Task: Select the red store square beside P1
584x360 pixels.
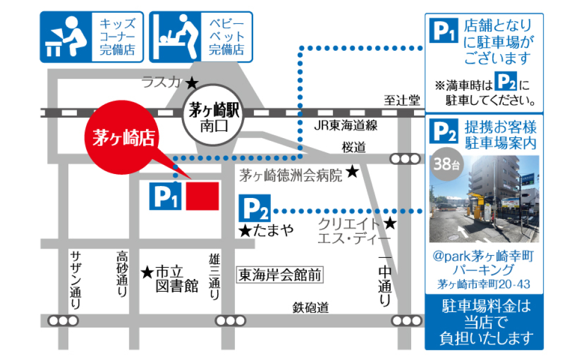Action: pyautogui.click(x=202, y=196)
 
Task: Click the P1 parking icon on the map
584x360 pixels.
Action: pyautogui.click(x=165, y=196)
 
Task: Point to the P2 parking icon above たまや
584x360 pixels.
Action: pyautogui.click(x=254, y=209)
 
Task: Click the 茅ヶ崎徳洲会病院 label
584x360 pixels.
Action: pyautogui.click(x=291, y=173)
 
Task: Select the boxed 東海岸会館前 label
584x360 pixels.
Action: pyautogui.click(x=280, y=275)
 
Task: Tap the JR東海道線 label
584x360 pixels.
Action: pyautogui.click(x=346, y=126)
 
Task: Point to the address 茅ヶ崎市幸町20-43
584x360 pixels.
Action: pyautogui.click(x=484, y=283)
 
